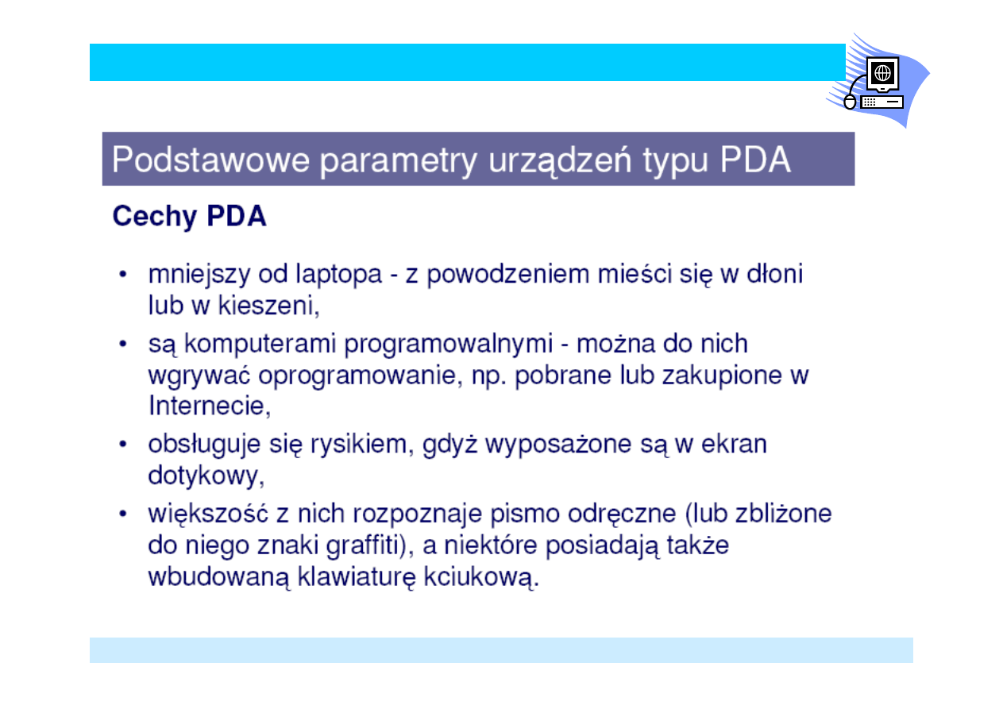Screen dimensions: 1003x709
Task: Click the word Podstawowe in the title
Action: (210, 160)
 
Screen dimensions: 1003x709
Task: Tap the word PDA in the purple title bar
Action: (755, 160)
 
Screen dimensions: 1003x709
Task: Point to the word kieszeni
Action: (268, 306)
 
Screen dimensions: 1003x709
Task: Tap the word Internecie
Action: (210, 406)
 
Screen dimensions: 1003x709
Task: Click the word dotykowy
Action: (206, 476)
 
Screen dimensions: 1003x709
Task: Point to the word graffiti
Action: (367, 545)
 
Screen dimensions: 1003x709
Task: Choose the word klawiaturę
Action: (357, 576)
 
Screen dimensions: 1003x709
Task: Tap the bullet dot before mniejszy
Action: (123, 275)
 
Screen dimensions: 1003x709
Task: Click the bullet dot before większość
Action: (123, 514)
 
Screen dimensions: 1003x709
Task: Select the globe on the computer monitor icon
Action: (882, 72)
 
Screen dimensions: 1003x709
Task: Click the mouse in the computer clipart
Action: (850, 102)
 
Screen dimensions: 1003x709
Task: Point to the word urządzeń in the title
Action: (560, 160)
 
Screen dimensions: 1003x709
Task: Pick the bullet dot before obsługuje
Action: (123, 445)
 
